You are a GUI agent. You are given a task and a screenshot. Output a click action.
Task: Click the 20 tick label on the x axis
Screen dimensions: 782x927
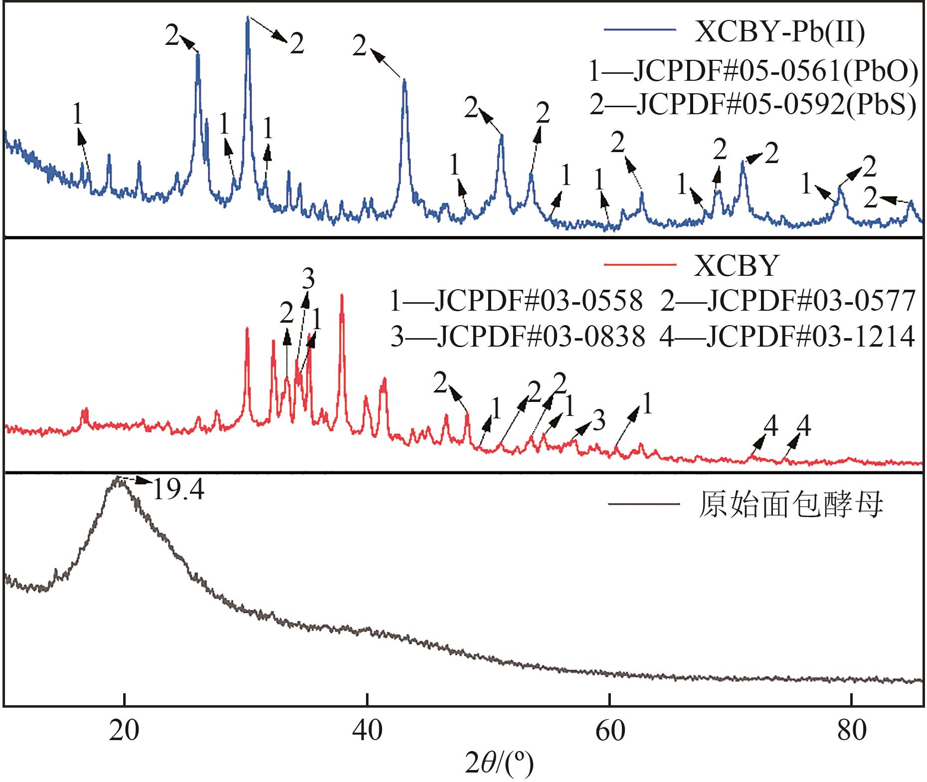coord(124,731)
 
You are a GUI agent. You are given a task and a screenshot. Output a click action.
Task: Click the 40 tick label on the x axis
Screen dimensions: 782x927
coord(367,731)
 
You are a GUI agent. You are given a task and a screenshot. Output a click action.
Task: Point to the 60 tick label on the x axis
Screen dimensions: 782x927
coord(610,731)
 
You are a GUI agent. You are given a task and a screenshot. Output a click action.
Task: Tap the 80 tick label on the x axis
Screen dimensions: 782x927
coord(852,731)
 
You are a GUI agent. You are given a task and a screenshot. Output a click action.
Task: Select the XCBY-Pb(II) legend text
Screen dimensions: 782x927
coord(779,32)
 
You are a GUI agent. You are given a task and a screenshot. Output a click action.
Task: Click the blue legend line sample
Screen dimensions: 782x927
coord(640,30)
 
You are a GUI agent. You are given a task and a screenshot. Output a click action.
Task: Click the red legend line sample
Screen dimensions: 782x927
coord(640,264)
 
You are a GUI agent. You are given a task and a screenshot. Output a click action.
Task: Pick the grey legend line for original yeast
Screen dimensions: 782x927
coord(643,504)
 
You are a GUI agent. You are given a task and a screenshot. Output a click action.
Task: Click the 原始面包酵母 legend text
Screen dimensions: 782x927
coord(790,505)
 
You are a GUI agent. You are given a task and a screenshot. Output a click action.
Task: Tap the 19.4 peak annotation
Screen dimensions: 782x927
coord(178,490)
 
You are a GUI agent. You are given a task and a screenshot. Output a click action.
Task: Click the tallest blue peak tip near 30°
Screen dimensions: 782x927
coord(248,17)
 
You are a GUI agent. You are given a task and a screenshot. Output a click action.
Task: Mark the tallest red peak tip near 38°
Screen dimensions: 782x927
coord(342,295)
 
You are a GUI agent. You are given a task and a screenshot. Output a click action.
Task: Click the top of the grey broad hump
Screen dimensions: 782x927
coord(118,478)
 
